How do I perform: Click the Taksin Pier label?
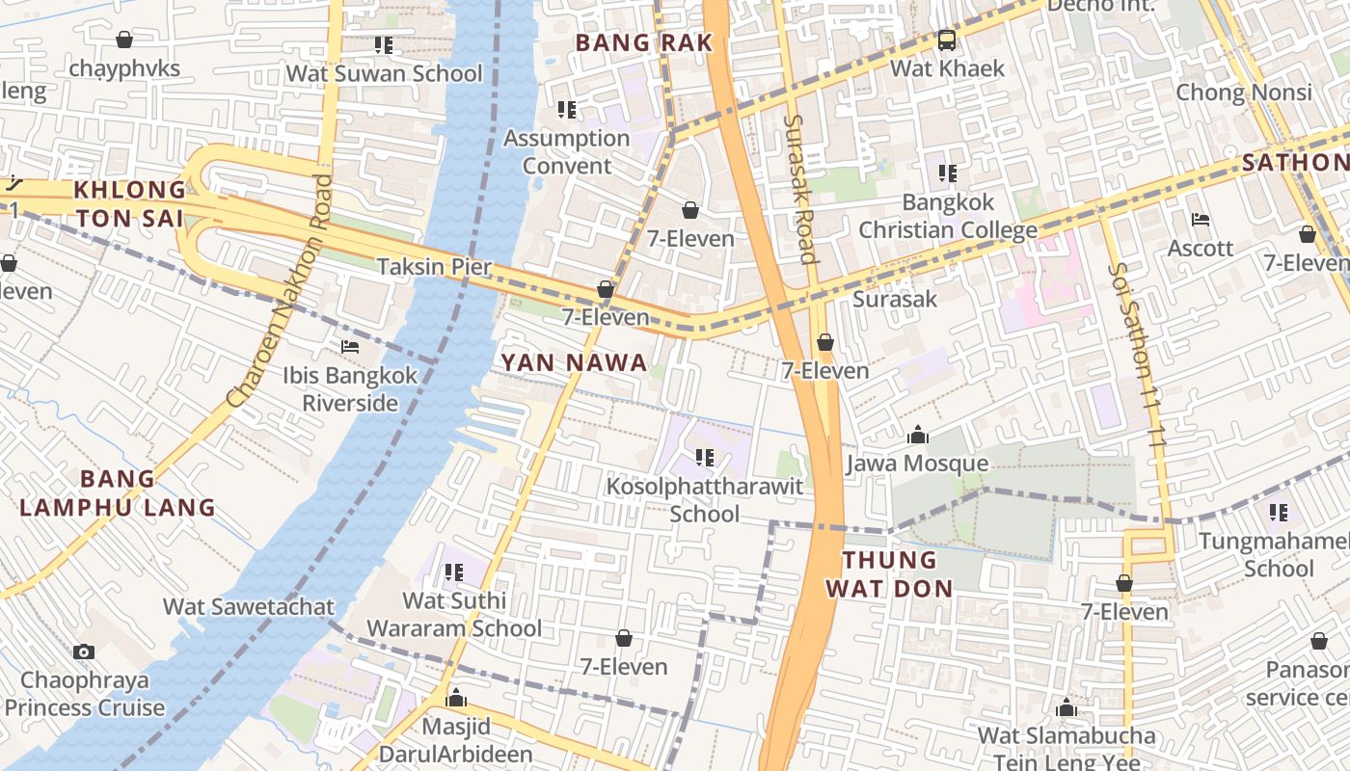point(434,267)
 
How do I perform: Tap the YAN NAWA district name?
point(574,363)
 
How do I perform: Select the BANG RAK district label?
point(643,42)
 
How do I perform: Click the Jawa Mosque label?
point(917,464)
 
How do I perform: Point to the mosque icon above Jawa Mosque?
point(917,436)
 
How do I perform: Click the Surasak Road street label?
point(800,189)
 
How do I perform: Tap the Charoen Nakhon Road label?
point(280,289)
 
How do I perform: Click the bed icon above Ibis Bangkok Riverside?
point(350,347)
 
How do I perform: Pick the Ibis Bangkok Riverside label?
point(350,388)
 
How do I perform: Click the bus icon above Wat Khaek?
point(947,40)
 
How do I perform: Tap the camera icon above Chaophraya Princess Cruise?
point(84,652)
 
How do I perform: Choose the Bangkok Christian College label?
point(948,216)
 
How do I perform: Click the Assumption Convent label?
point(567,151)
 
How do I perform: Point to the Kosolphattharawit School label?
point(705,499)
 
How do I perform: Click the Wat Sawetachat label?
point(249,606)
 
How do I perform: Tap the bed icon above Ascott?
point(1201,220)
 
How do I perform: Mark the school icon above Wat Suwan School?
point(384,45)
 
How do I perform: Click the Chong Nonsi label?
point(1244,93)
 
